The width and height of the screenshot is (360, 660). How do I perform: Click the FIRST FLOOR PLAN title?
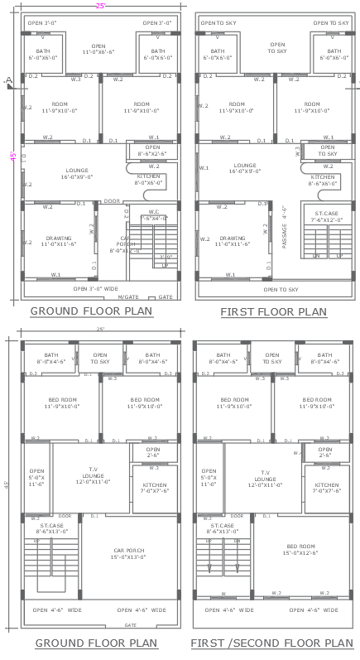[x=273, y=312]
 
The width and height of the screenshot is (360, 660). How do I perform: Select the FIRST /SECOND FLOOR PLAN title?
[x=271, y=643]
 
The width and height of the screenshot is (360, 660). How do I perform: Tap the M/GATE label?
[x=127, y=296]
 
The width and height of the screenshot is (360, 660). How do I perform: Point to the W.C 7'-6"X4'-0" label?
[x=154, y=214]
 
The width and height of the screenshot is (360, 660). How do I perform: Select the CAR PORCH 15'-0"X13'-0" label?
[x=128, y=552]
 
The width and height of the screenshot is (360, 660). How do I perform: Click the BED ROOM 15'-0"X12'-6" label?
[x=301, y=550]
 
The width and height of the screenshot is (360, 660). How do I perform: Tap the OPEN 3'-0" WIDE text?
[x=98, y=288]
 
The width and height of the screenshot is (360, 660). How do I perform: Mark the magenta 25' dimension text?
[x=100, y=5]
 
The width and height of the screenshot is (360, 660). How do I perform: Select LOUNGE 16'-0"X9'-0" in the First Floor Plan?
[x=244, y=168]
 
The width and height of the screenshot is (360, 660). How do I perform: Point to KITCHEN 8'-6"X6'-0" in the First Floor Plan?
[x=323, y=180]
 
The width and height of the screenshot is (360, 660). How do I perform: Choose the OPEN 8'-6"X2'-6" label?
[x=151, y=152]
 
